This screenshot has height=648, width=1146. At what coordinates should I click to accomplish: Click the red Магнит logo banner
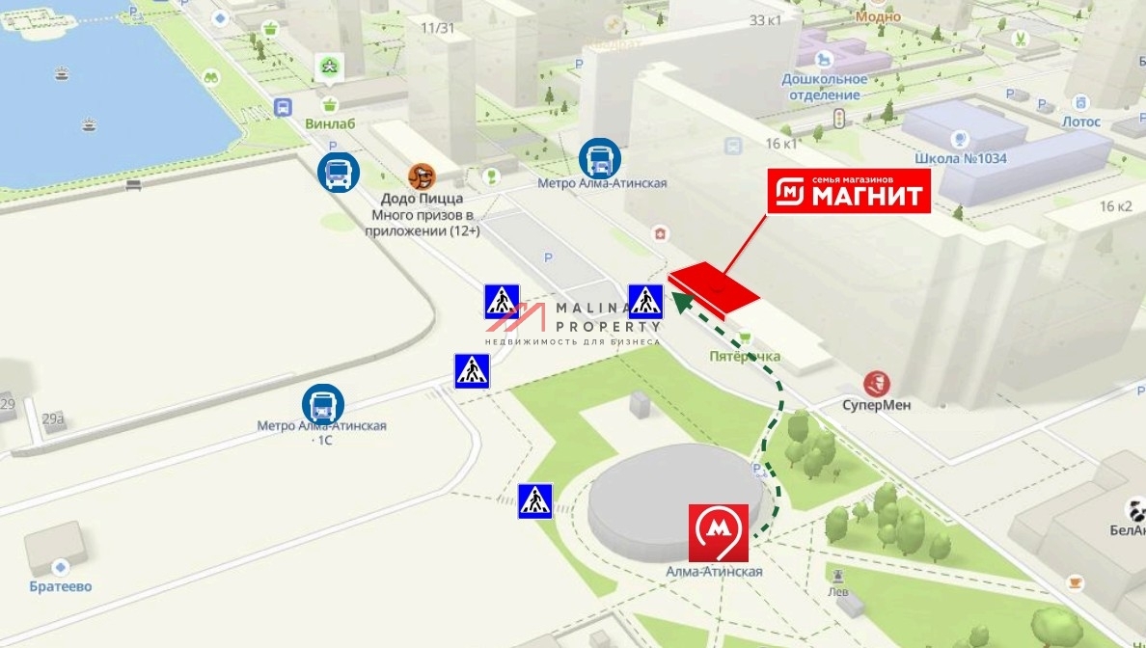click(x=849, y=191)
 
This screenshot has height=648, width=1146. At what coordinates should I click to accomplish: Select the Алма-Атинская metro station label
click(x=714, y=572)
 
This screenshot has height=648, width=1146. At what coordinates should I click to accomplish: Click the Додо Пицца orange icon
click(x=422, y=176)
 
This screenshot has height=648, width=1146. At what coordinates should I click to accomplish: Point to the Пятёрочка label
click(x=745, y=357)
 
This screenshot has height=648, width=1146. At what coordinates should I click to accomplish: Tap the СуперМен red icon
click(x=877, y=383)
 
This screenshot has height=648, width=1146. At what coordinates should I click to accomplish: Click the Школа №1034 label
click(x=960, y=158)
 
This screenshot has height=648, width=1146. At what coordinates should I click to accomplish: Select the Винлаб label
click(x=330, y=123)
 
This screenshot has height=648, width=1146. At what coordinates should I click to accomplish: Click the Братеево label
click(x=61, y=586)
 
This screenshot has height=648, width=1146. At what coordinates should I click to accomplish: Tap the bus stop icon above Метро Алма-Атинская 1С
click(x=322, y=405)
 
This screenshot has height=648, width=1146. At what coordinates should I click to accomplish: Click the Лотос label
click(x=1080, y=121)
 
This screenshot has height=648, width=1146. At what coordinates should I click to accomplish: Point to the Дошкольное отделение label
click(x=824, y=87)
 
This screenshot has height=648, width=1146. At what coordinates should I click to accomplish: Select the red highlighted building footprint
click(x=714, y=285)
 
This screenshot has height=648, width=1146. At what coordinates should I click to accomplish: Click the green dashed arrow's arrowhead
click(x=680, y=302)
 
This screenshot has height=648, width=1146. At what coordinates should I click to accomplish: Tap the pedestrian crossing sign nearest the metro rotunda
click(x=534, y=500)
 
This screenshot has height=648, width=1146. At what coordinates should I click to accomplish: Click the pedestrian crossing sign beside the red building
click(x=645, y=302)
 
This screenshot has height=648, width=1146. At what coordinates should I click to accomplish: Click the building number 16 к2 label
click(x=1115, y=206)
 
